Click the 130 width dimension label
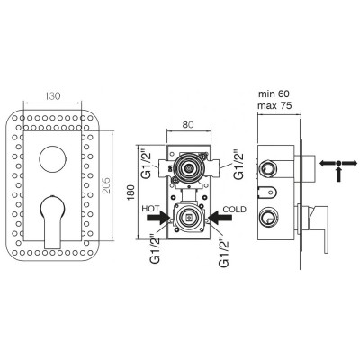pos(53,96)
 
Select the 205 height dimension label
pos(106,185)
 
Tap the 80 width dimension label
pos(188,124)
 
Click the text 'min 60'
pos(274,94)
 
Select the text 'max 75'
pos(274,105)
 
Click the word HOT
pos(150,209)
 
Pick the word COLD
pos(234,209)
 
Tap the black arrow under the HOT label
pos(158,217)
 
